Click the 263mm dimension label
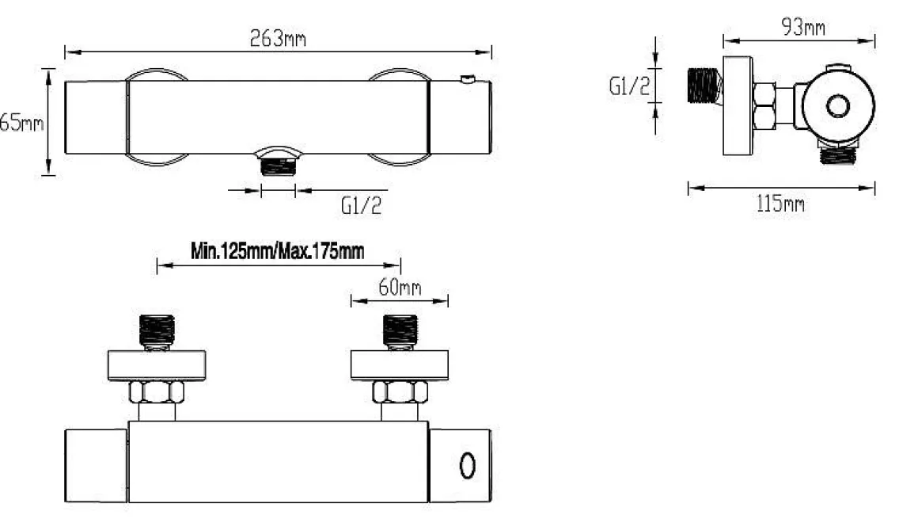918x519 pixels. point(278,39)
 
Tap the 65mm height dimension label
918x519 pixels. point(21,123)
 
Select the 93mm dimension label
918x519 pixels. point(803,27)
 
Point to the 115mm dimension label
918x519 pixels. point(780,204)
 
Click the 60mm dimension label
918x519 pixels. point(400,287)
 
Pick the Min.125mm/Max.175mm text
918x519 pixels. point(278,252)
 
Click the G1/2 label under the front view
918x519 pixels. point(361,205)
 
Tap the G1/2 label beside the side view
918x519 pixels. point(629,86)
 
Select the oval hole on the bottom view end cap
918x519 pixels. point(467,466)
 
